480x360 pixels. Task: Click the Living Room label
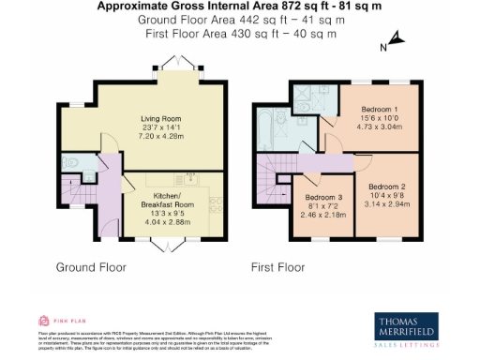tap(161, 118)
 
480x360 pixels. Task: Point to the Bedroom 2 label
tap(386, 187)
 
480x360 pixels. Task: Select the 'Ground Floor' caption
tap(91, 267)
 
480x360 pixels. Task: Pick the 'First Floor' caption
tap(277, 267)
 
